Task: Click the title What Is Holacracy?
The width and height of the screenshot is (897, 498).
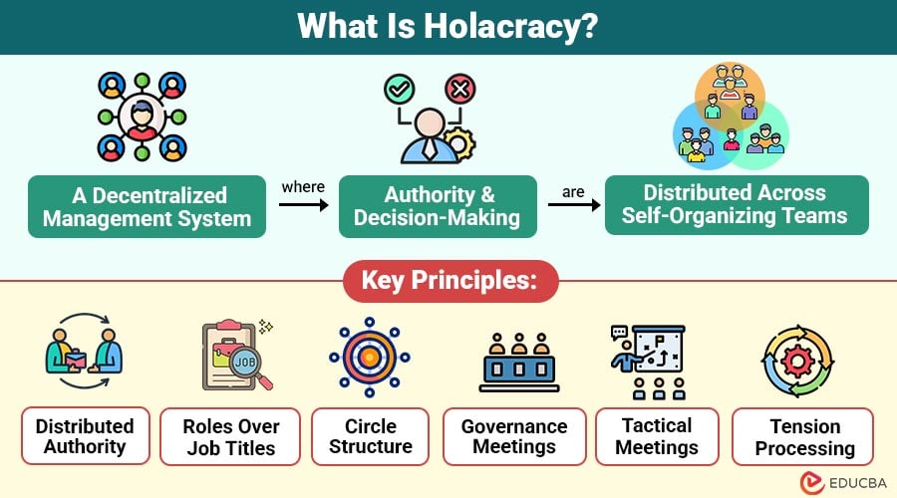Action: [x=448, y=27]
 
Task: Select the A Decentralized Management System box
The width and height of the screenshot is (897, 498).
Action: [x=148, y=206]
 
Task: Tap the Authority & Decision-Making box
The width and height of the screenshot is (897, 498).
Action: [x=440, y=206]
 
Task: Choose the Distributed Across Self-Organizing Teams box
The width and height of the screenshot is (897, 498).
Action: [x=737, y=204]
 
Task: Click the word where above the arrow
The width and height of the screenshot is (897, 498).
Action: [x=302, y=187]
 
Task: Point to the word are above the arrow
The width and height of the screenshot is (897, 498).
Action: [x=573, y=188]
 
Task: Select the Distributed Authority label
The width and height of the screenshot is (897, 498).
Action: [x=85, y=436]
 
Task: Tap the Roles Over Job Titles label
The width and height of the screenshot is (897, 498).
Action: [x=231, y=436]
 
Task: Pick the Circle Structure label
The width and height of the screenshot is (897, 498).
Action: [x=370, y=436]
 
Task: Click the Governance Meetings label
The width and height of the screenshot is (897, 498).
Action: [x=514, y=436]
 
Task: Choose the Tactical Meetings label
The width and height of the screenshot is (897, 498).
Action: [x=656, y=436]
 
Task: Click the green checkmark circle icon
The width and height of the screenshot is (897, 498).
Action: [x=399, y=90]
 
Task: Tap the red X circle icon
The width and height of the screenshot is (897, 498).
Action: [x=459, y=90]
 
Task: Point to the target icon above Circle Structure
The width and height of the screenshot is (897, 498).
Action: [x=370, y=358]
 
